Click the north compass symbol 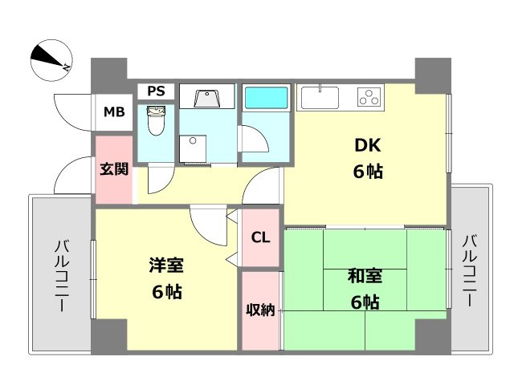(51, 60)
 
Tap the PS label (156, 91)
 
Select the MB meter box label (114, 112)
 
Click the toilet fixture (155, 120)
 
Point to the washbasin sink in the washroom (206, 97)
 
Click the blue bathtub (266, 98)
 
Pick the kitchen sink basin (320, 97)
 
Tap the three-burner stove (369, 97)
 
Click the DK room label (368, 145)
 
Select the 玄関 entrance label (114, 169)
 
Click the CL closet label (260, 237)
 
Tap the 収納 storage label (260, 310)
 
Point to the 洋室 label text (166, 265)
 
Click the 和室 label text (365, 276)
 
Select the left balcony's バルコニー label (62, 276)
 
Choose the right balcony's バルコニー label (469, 270)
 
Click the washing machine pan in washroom (193, 148)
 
